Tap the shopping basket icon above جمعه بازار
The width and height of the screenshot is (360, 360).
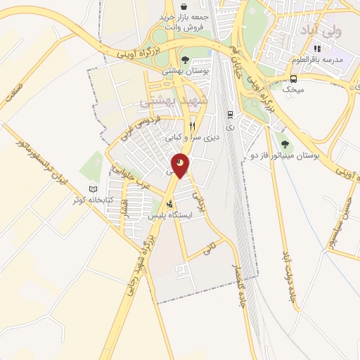click(184, 5)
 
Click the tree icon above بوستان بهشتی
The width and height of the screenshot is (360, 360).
click(185, 60)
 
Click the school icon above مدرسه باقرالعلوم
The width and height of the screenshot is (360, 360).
click(317, 49)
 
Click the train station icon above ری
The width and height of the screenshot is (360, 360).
click(230, 114)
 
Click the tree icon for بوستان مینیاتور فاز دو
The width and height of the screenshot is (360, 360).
click(283, 140)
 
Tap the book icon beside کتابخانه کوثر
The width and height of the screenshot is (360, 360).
click(94, 189)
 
